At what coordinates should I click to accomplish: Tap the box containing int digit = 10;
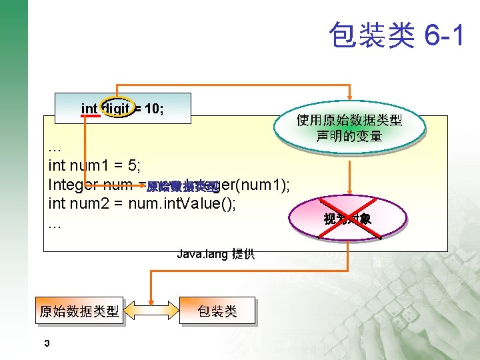pos(123,109)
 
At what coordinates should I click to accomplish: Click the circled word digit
pos(116,109)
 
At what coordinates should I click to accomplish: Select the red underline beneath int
pos(89,116)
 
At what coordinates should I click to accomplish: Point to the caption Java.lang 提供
pos(215,254)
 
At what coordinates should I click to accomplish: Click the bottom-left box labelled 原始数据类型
pos(79,311)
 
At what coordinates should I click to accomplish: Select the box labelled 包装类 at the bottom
pos(217,311)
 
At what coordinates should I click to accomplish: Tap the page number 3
pos(46,343)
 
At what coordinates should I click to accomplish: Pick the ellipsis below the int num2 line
pos(55,225)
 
